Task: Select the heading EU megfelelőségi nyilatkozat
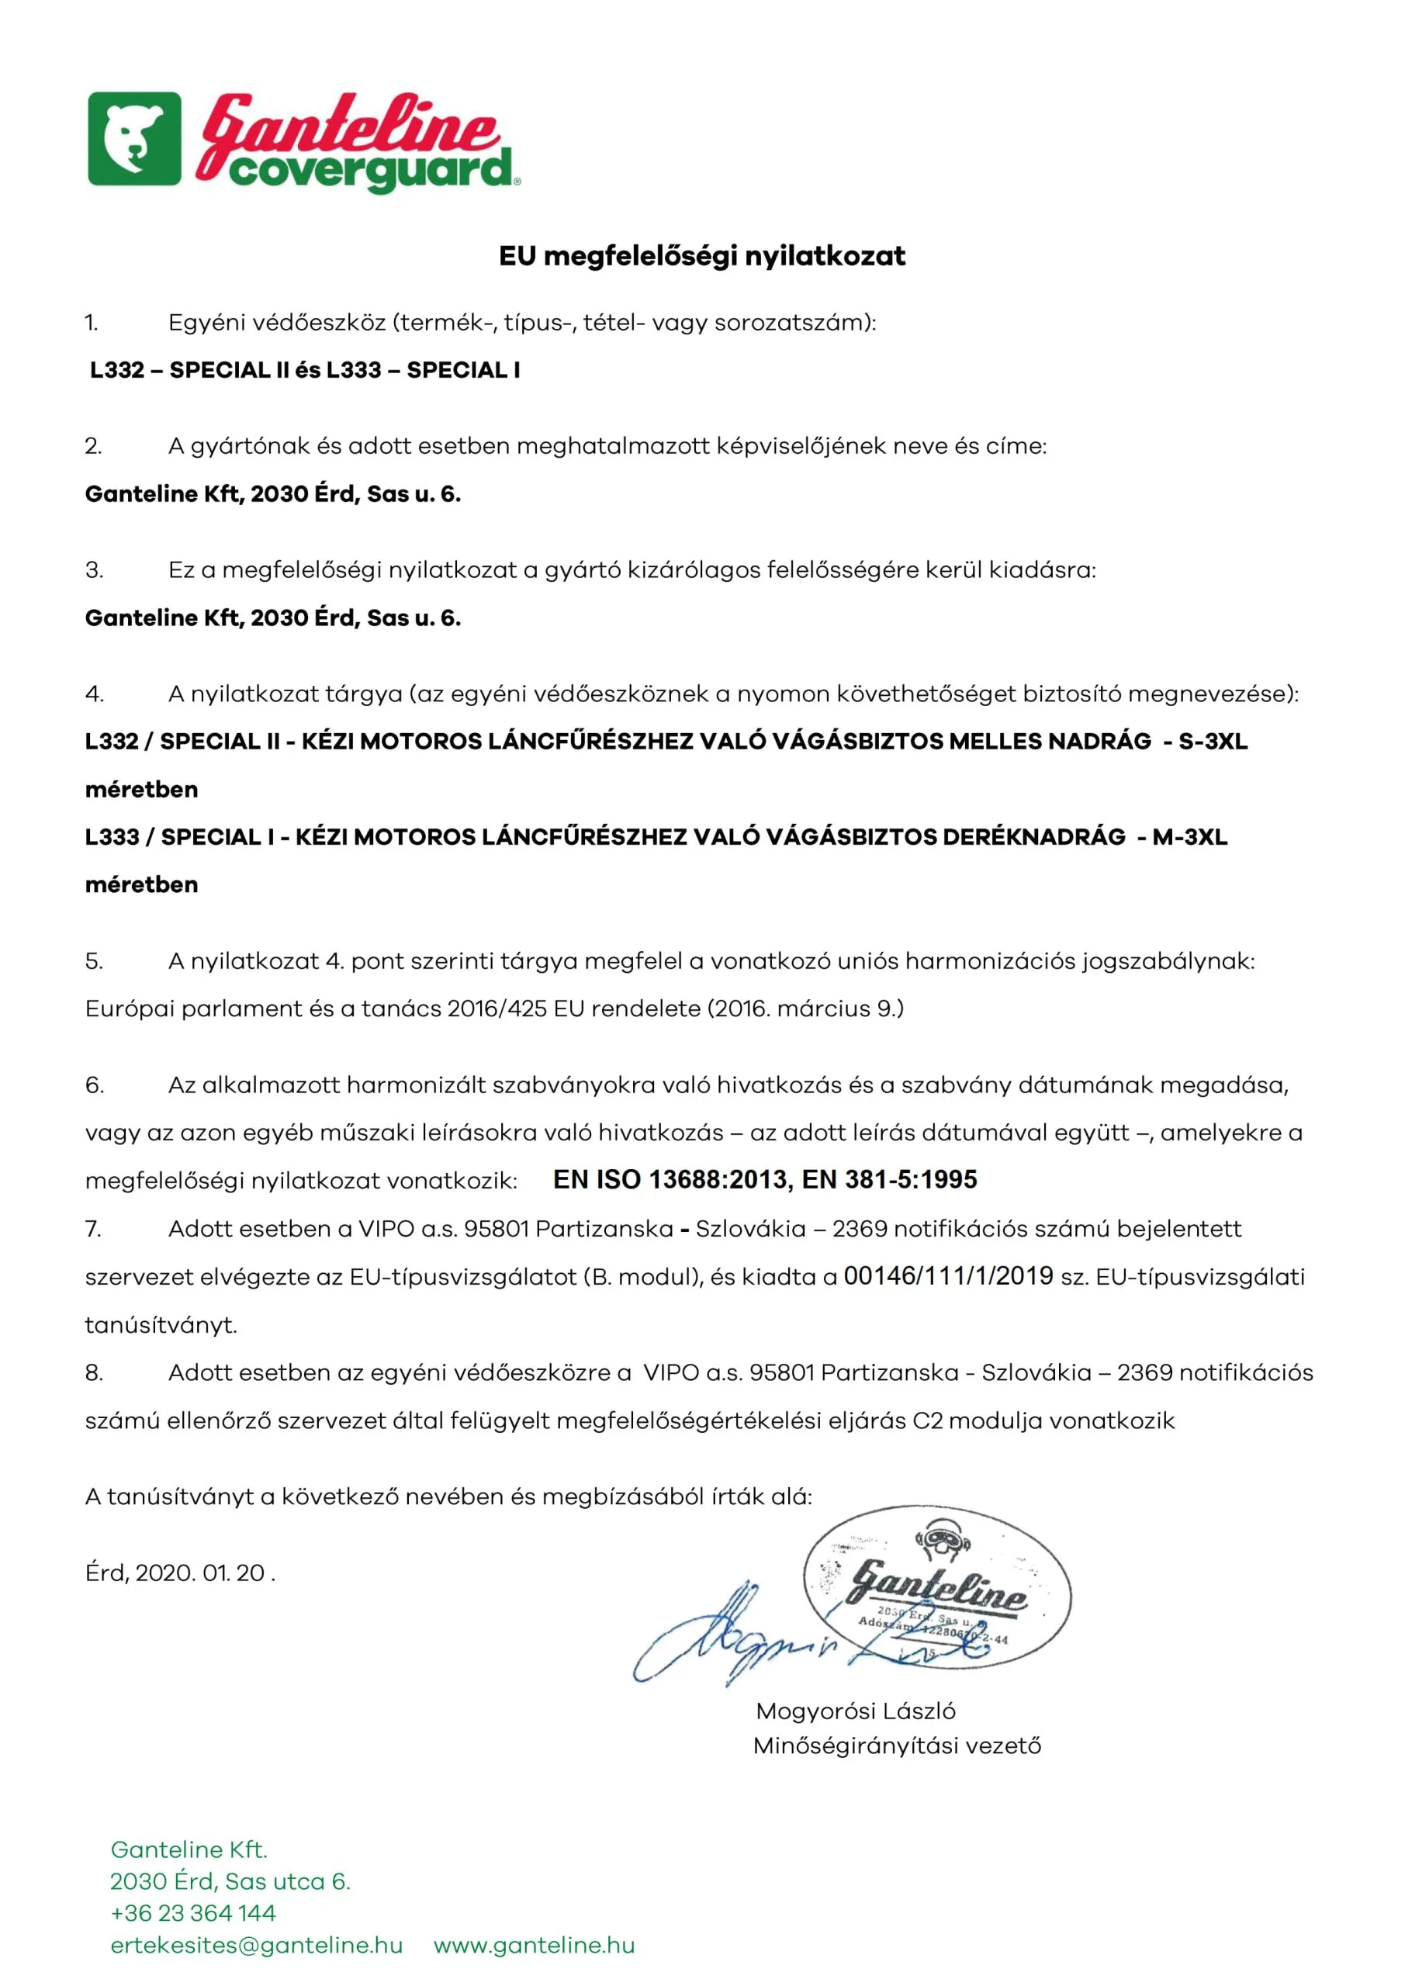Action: [701, 256]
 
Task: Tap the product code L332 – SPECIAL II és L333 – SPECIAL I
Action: [305, 370]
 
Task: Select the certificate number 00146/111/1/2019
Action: [948, 1276]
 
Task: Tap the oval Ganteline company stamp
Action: [938, 1587]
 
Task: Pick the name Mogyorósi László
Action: [856, 1711]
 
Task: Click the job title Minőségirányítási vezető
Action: [897, 1746]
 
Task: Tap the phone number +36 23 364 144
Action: [193, 1912]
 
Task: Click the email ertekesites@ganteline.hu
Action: [256, 1946]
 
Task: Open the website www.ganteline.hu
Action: [534, 1946]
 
